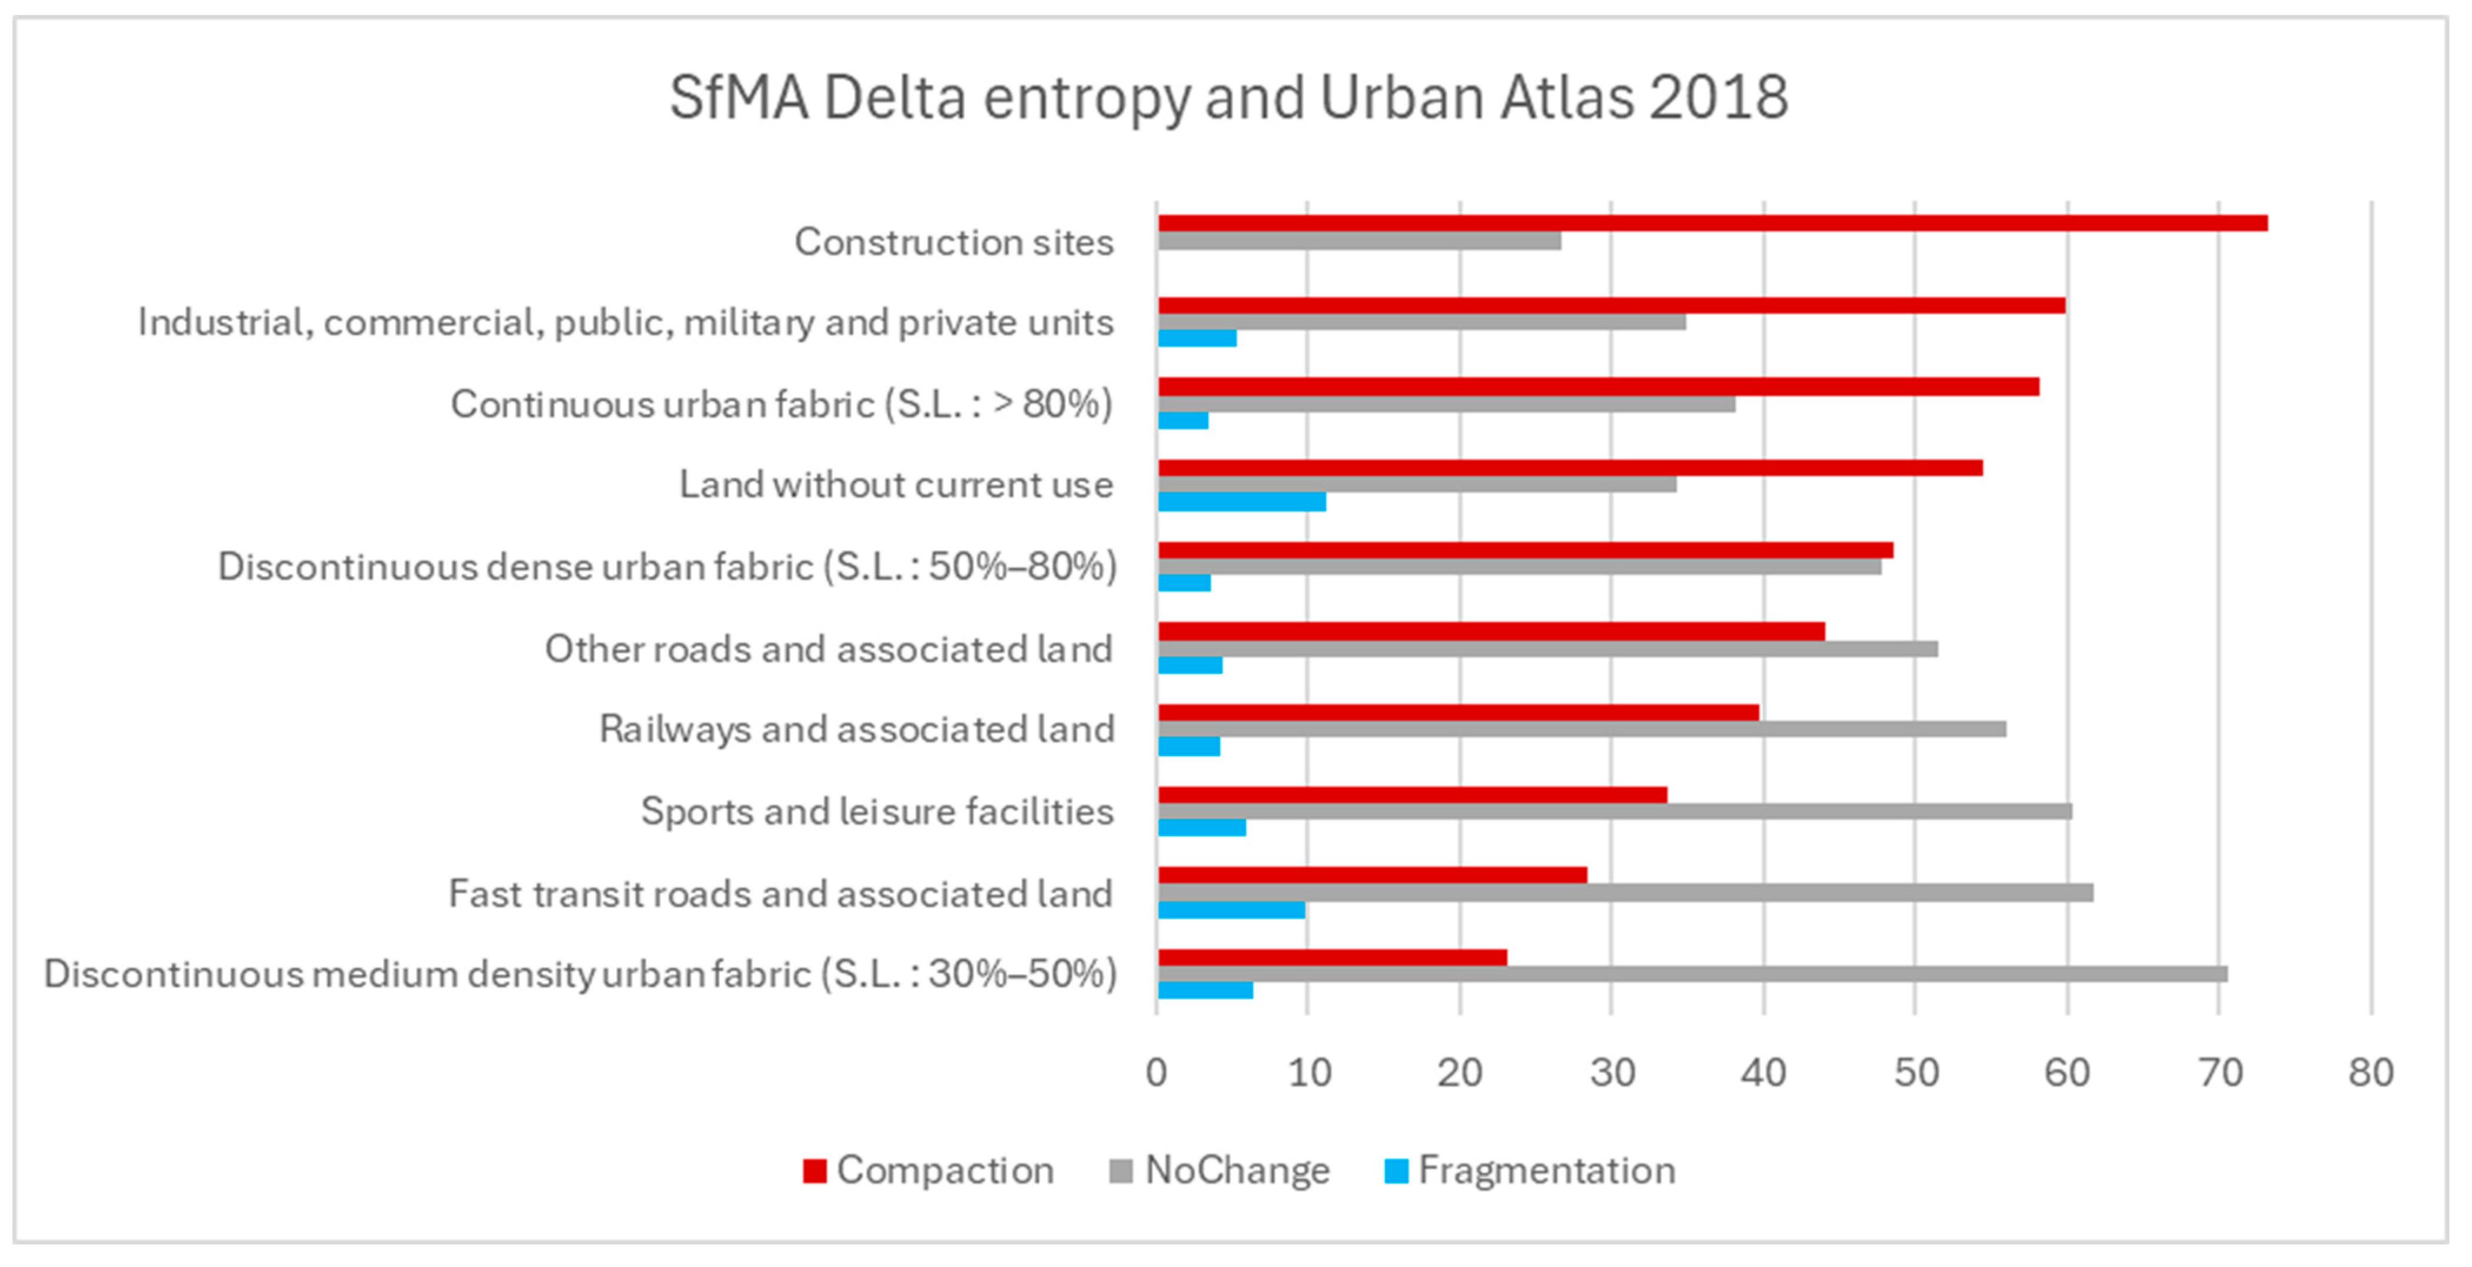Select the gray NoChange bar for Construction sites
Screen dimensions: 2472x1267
[x=1360, y=241]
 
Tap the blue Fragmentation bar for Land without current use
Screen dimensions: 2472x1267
[x=1242, y=501]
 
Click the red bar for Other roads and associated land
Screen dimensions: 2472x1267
[x=1492, y=631]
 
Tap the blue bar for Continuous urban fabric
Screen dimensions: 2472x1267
[x=1183, y=420]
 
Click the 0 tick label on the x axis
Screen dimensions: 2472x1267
[x=1157, y=1072]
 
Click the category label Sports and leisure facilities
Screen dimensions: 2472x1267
[x=877, y=812]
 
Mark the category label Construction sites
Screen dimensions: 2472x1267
[x=954, y=242]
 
